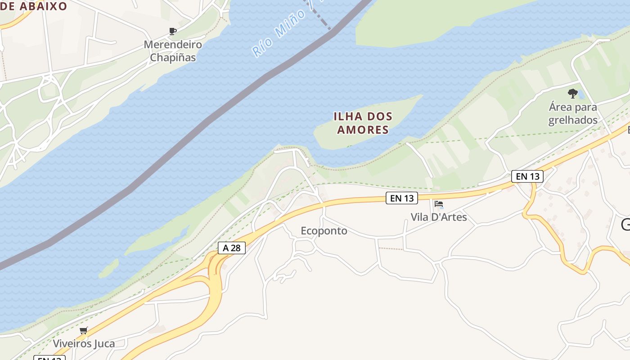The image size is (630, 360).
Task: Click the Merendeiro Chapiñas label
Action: click(x=173, y=51)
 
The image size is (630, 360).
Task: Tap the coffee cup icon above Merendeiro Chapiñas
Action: click(x=172, y=31)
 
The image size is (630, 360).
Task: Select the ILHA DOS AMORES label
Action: click(x=363, y=123)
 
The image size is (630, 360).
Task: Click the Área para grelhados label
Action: click(x=573, y=113)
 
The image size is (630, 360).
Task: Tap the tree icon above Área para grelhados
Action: click(x=572, y=93)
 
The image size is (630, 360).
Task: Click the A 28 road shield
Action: click(x=232, y=247)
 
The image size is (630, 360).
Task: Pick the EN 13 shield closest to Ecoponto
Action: click(x=401, y=198)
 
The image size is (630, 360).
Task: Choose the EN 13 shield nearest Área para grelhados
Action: click(x=527, y=176)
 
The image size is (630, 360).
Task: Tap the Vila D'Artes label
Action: click(x=439, y=217)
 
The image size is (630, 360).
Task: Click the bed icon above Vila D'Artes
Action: click(x=439, y=204)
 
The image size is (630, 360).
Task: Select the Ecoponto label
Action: click(x=324, y=231)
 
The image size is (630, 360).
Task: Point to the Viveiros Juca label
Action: click(x=84, y=343)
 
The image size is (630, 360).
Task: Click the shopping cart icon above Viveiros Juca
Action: click(x=83, y=331)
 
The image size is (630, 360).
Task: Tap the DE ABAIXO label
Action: click(x=33, y=6)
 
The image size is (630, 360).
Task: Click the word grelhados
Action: click(x=573, y=120)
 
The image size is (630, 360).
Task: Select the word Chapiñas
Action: click(x=173, y=58)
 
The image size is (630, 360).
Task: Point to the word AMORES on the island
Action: click(x=363, y=130)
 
